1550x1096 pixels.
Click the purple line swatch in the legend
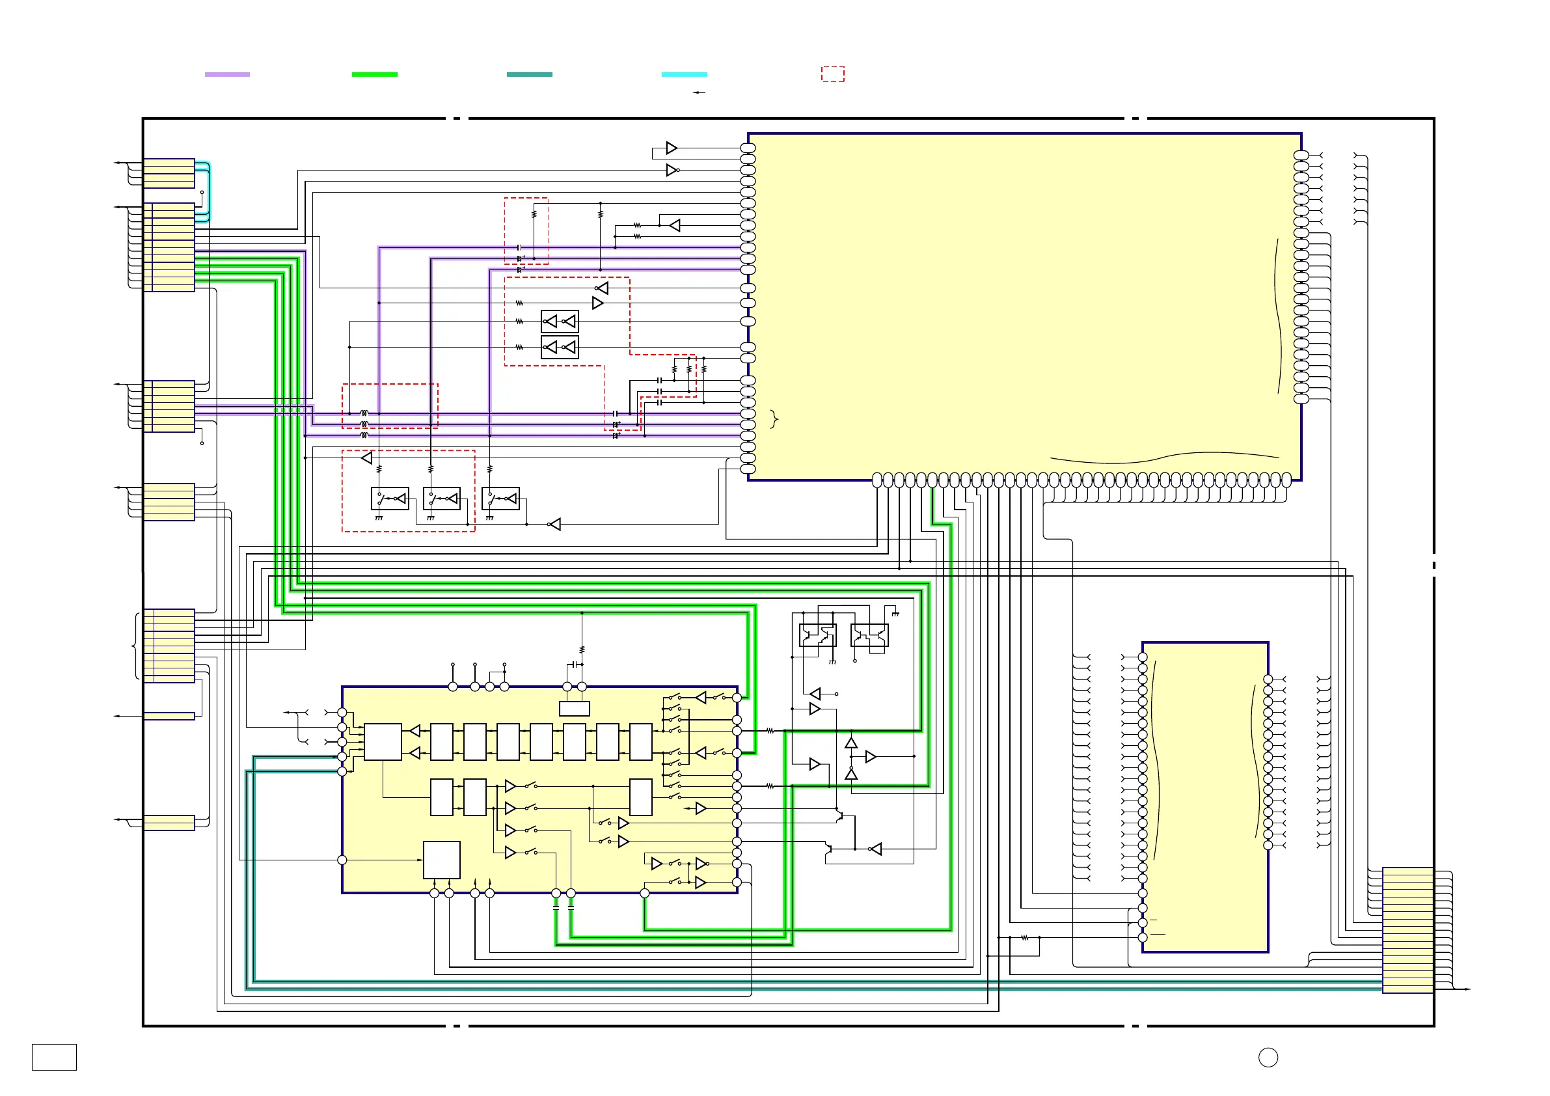click(x=227, y=74)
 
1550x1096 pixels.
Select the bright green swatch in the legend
click(x=375, y=74)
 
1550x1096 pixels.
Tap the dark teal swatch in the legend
click(x=529, y=74)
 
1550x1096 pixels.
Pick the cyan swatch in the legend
click(x=684, y=74)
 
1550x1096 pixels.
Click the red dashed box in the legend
click(x=832, y=74)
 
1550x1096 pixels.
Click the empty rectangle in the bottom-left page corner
click(x=54, y=1057)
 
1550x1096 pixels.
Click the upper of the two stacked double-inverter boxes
click(x=560, y=322)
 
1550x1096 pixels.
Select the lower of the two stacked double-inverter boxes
click(x=560, y=347)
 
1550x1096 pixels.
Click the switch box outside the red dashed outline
click(x=500, y=499)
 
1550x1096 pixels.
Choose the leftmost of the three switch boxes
click(x=390, y=499)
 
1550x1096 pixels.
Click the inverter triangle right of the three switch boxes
click(x=554, y=525)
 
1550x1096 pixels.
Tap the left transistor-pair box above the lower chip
click(x=817, y=635)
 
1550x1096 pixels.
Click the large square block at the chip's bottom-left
click(x=441, y=860)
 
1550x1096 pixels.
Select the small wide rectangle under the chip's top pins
click(x=575, y=708)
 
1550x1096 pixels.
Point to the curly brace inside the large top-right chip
click(x=774, y=419)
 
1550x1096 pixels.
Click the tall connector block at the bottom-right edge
click(x=1407, y=930)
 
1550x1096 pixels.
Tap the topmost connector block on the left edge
click(x=169, y=174)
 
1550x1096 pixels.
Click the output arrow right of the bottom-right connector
click(x=1465, y=989)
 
